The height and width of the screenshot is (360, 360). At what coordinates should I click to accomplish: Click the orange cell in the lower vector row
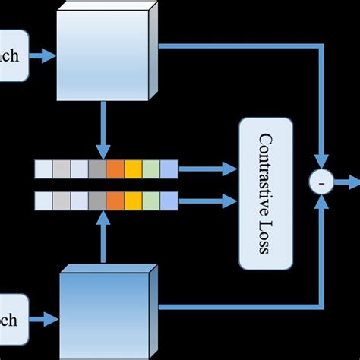point(115,201)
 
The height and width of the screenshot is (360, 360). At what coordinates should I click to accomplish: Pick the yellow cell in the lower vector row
point(133,201)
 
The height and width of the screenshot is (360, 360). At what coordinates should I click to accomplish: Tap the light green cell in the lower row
point(150,201)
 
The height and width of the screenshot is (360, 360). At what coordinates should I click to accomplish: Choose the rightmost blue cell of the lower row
point(169,201)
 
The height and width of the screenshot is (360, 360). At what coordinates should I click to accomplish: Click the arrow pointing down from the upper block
point(102,130)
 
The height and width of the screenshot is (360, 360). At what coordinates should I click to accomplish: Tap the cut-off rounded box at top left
point(14,55)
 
